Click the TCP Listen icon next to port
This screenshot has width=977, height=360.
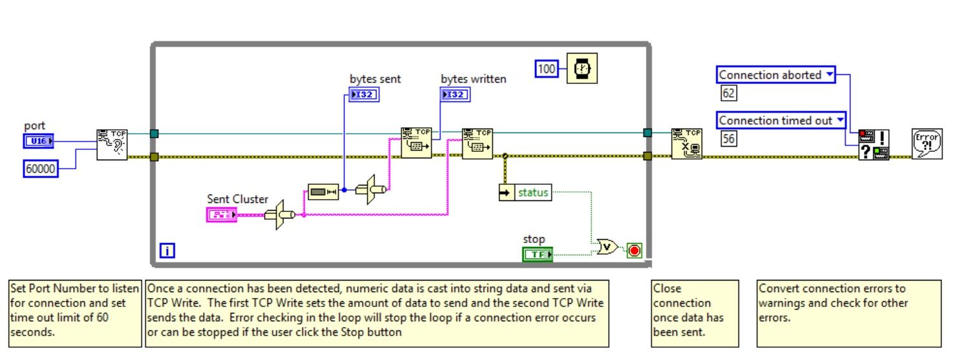pos(112,144)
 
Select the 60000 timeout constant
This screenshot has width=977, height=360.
pos(40,169)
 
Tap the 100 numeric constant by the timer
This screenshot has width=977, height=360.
pos(547,69)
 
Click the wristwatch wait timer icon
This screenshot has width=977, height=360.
pos(582,69)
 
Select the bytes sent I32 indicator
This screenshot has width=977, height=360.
pos(364,94)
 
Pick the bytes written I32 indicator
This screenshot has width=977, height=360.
pos(456,94)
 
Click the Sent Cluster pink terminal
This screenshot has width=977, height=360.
pos(222,215)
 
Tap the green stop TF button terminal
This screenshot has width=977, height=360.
pos(538,255)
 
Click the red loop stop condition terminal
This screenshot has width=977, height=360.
pos(634,250)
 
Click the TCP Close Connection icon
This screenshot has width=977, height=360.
pos(686,143)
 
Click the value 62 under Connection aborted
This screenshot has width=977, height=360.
pos(728,94)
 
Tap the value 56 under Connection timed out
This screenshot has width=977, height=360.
pos(728,138)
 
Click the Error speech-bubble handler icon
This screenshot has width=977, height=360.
pos(927,143)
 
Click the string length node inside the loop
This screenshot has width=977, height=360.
pos(322,192)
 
